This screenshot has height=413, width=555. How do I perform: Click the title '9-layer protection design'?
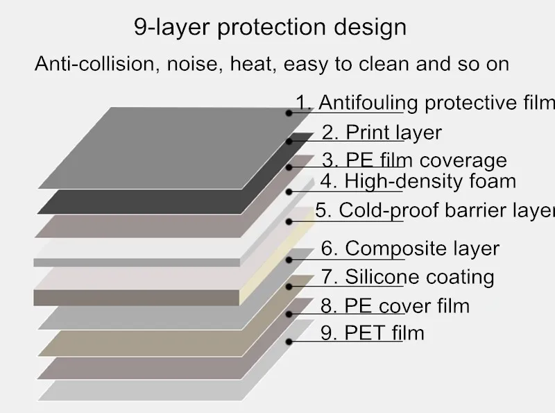[x=270, y=27]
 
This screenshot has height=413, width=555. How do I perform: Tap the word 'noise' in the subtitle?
[x=192, y=64]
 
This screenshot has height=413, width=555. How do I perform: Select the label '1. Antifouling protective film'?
[x=425, y=103]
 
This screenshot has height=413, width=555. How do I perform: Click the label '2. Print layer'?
[x=382, y=133]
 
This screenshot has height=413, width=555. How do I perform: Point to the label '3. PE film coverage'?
[x=414, y=160]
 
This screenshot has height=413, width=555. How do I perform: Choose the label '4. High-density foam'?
[x=418, y=181]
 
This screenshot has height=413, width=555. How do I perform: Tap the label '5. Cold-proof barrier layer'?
[x=435, y=210]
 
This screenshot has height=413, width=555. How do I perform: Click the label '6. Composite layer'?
[x=410, y=248]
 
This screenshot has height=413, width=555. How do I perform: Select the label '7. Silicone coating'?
[x=407, y=276]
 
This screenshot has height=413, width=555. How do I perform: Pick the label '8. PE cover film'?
[x=395, y=305]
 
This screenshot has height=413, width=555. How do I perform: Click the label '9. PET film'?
[x=373, y=332]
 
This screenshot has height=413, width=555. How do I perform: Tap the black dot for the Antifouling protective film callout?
[x=289, y=113]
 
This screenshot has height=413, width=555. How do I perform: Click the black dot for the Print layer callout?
[x=289, y=142]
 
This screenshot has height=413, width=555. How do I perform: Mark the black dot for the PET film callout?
[x=289, y=342]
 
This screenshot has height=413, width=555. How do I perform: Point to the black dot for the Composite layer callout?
[x=289, y=260]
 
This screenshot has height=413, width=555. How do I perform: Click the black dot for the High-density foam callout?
[x=289, y=192]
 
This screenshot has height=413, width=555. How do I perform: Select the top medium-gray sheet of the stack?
[x=176, y=148]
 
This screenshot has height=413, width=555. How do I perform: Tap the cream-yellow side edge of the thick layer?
[x=276, y=257]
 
